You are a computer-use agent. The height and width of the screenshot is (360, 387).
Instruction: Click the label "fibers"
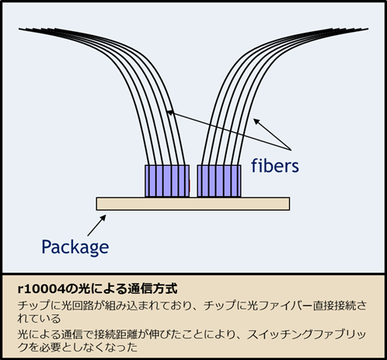click(x=275, y=166)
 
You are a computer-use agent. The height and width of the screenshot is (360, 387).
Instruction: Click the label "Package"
click(x=75, y=247)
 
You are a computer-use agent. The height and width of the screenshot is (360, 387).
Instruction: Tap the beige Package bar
click(x=193, y=204)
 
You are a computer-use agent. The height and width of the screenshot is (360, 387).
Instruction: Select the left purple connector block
click(x=167, y=181)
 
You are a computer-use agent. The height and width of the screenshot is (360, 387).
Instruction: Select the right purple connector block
click(x=219, y=181)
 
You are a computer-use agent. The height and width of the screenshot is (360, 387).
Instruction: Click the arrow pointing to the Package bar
click(x=97, y=225)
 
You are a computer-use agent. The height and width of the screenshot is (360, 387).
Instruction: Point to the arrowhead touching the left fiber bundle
click(x=169, y=113)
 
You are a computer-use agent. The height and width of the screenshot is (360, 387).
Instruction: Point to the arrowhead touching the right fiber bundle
click(x=256, y=121)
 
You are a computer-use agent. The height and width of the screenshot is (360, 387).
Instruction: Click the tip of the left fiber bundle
click(x=19, y=29)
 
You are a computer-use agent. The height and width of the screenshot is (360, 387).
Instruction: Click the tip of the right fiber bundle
click(x=368, y=29)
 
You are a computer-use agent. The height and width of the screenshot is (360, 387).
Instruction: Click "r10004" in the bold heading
click(x=41, y=288)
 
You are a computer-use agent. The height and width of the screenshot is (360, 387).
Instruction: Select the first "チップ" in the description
click(x=33, y=306)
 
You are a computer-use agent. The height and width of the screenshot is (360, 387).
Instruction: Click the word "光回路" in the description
click(x=77, y=306)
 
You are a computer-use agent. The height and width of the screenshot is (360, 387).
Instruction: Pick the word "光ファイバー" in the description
click(x=280, y=306)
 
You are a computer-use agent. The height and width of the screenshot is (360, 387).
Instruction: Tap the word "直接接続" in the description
click(x=334, y=306)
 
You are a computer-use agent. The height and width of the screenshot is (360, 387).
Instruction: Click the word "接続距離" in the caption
click(x=116, y=334)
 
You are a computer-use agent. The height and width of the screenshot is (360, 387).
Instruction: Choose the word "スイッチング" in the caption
click(x=280, y=334)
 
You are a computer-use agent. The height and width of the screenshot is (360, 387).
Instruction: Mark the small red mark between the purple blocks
click(x=190, y=186)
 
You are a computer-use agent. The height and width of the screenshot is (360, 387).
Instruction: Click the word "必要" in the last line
click(x=50, y=347)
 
